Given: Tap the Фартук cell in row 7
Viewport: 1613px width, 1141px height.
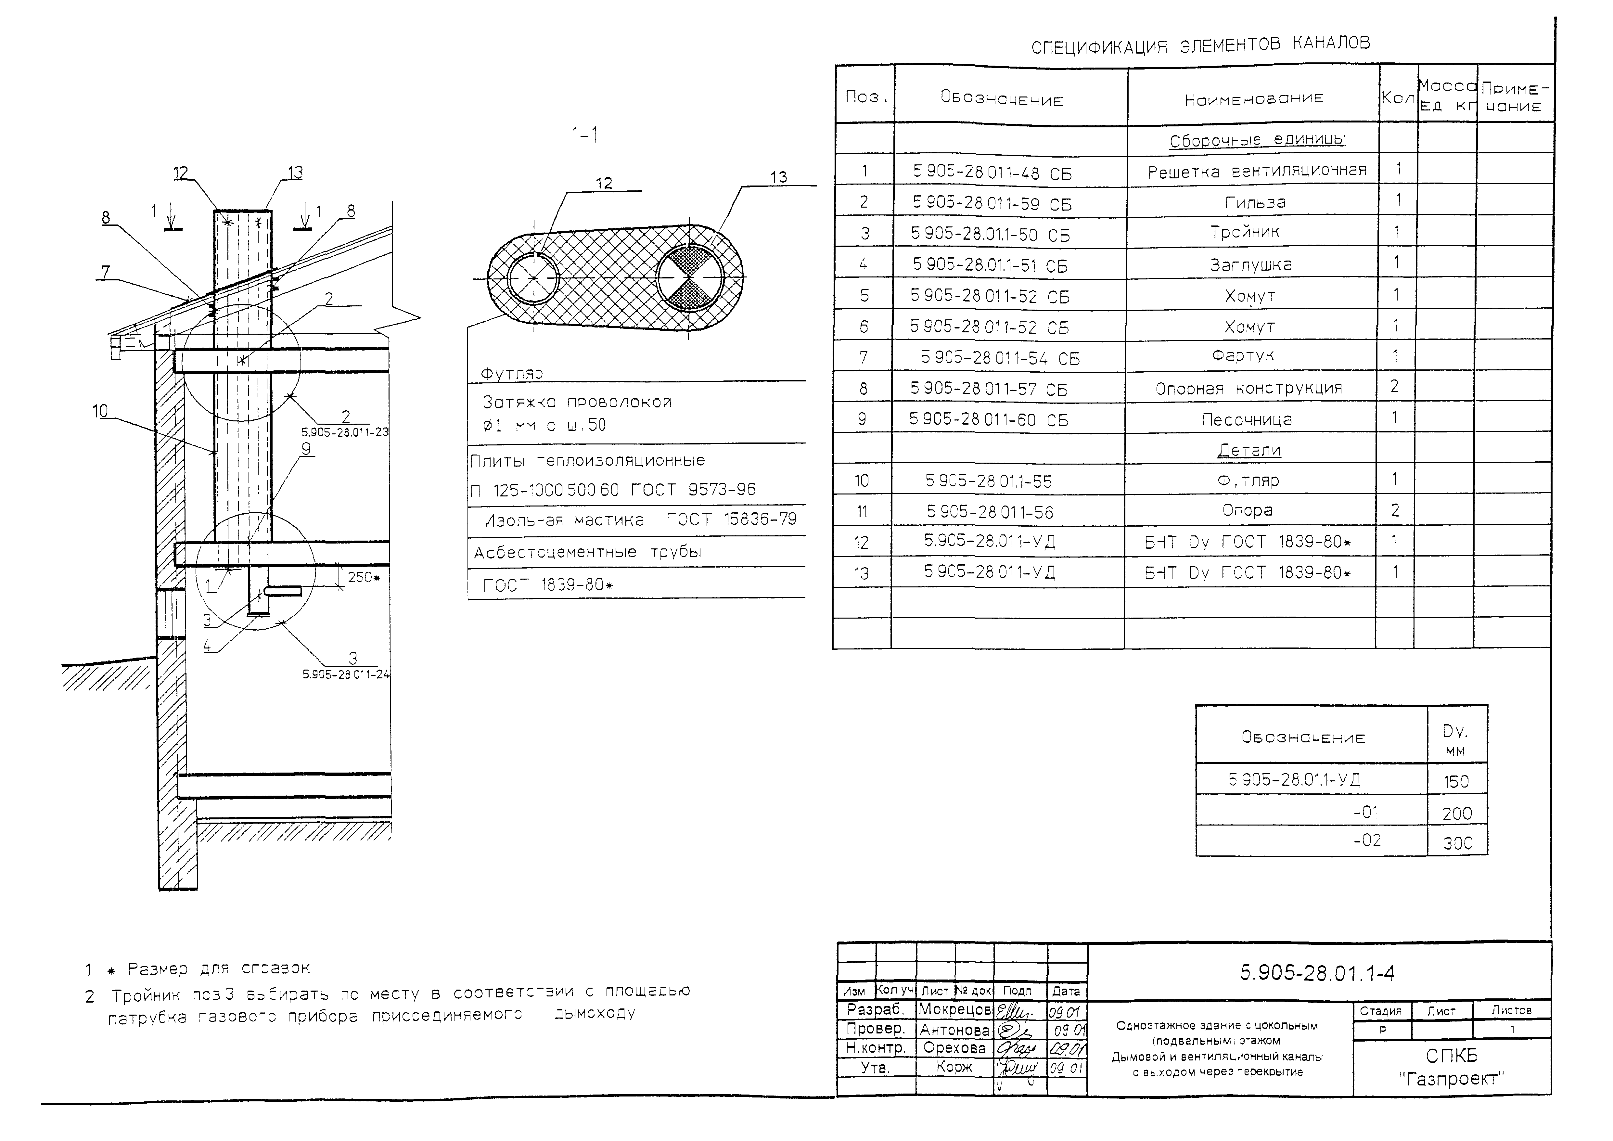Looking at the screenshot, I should point(1242,356).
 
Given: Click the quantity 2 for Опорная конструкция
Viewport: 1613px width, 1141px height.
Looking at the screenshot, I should point(1394,386).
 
